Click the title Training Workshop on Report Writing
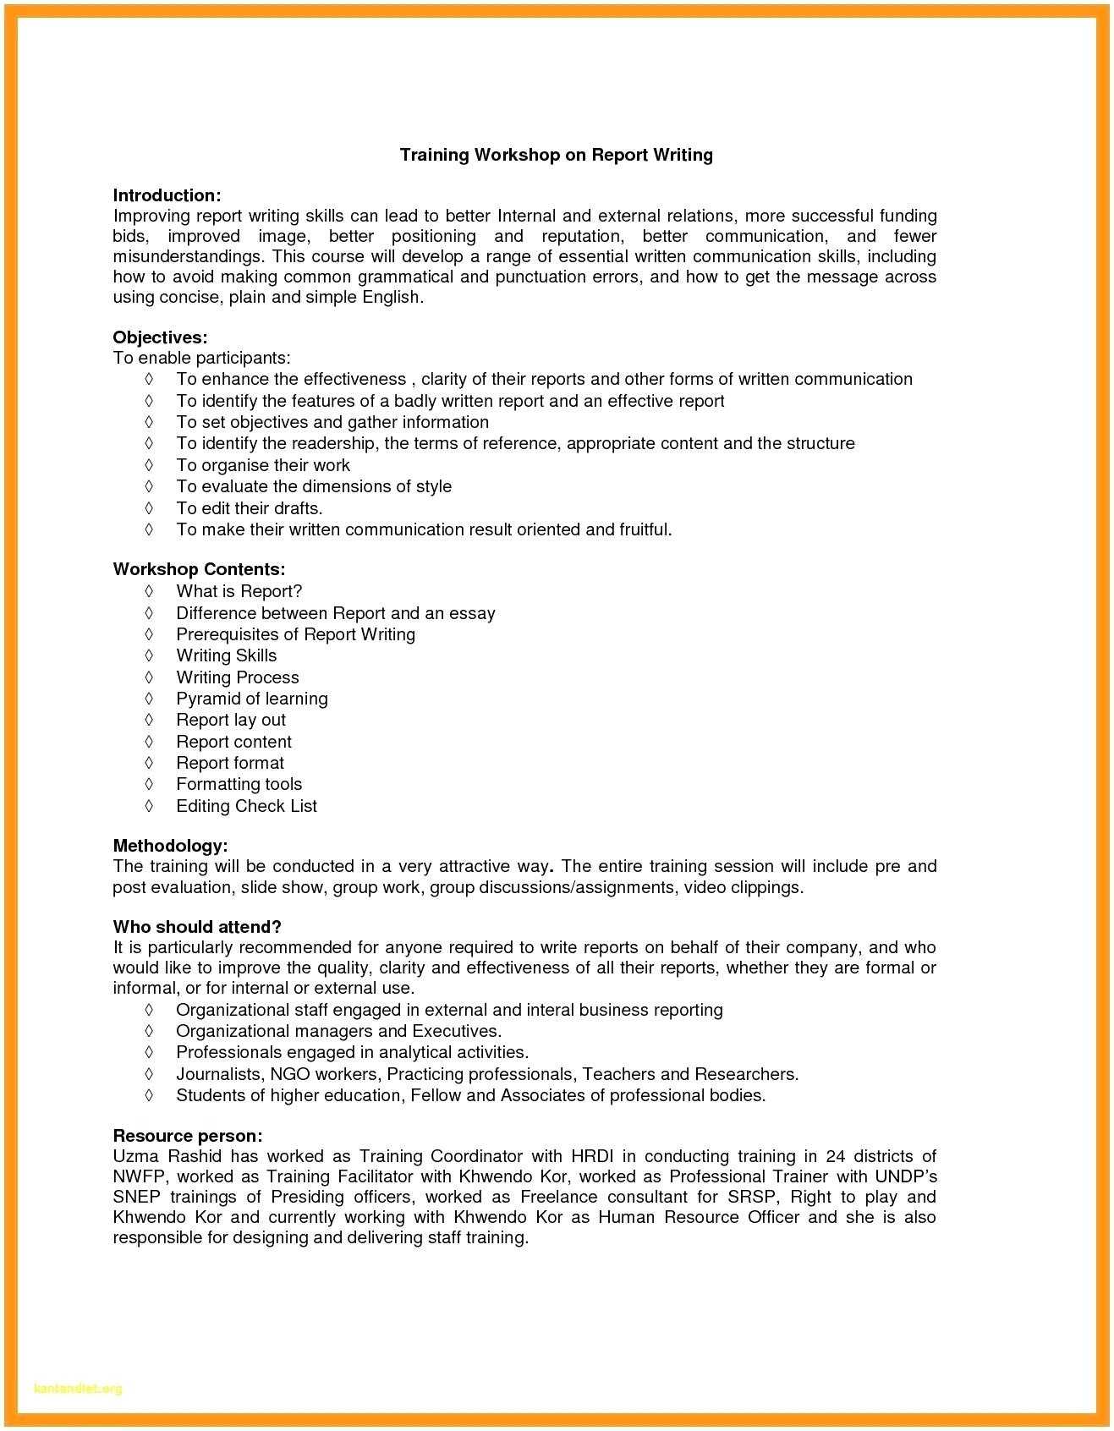[556, 155]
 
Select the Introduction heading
[167, 196]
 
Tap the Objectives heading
[160, 337]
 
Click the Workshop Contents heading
[199, 569]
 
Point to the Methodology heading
[170, 846]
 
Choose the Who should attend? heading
[197, 927]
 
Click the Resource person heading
[187, 1136]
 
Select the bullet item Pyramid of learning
[251, 699]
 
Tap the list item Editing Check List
[246, 806]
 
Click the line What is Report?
[239, 591]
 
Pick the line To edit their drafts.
[249, 508]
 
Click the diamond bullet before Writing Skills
[149, 655]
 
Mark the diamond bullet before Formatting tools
[149, 784]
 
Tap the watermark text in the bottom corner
[78, 1389]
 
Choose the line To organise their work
[262, 465]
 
